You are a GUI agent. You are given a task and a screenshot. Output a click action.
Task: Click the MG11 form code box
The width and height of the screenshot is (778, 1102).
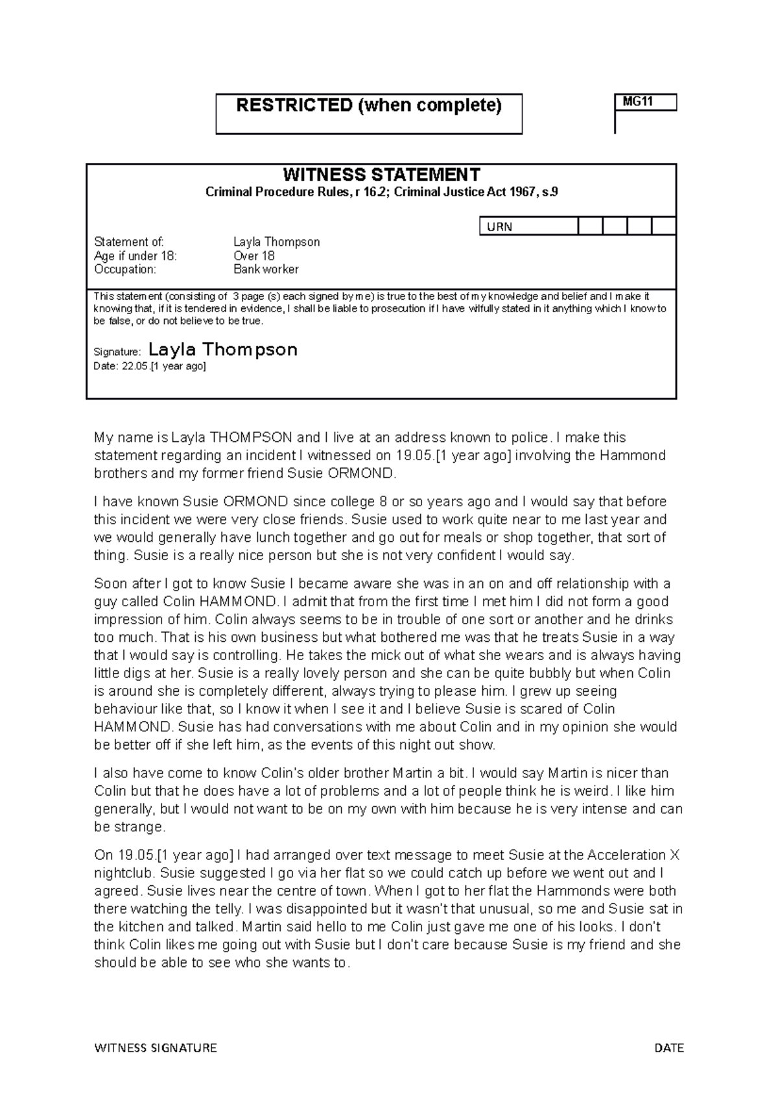pyautogui.click(x=645, y=103)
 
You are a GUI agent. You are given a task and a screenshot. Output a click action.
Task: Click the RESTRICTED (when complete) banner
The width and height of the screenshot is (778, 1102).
pyautogui.click(x=368, y=106)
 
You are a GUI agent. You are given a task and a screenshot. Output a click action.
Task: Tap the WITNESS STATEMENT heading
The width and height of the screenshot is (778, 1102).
pyautogui.click(x=381, y=175)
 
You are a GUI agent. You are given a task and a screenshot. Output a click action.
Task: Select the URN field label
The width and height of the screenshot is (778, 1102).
pyautogui.click(x=499, y=227)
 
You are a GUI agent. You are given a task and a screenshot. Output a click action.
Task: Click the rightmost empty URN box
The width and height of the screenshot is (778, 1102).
pyautogui.click(x=663, y=227)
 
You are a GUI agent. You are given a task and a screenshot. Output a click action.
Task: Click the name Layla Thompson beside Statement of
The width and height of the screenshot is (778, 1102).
pyautogui.click(x=276, y=242)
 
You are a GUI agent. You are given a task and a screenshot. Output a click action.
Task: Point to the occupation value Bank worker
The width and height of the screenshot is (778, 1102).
pyautogui.click(x=266, y=269)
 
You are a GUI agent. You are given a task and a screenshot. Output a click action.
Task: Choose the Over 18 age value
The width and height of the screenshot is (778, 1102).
pyautogui.click(x=253, y=256)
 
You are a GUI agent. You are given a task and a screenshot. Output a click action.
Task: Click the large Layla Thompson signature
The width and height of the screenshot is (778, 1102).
pyautogui.click(x=222, y=350)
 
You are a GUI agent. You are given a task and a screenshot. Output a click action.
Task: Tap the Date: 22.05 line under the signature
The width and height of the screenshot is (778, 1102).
pyautogui.click(x=150, y=367)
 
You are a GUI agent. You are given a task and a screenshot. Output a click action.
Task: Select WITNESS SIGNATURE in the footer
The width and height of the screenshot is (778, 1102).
pyautogui.click(x=156, y=1047)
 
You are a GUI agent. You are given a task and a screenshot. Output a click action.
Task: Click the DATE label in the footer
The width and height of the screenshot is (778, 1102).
pyautogui.click(x=669, y=1047)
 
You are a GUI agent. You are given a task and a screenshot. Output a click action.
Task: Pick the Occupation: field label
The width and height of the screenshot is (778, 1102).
pyautogui.click(x=125, y=269)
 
